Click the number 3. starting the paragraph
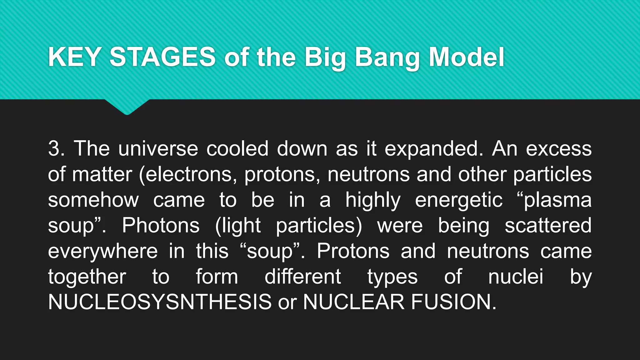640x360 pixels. (57, 148)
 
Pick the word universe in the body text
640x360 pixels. (158, 148)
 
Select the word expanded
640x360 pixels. (434, 149)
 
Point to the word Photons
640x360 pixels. (161, 225)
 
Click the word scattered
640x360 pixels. (548, 225)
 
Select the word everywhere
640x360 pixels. (103, 251)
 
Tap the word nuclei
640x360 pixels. (516, 277)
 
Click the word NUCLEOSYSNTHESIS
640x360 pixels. (160, 302)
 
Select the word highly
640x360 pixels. (372, 200)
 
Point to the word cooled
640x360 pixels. (237, 148)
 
